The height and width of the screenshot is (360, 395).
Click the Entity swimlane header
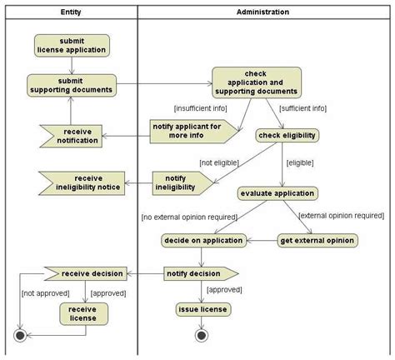[72, 12]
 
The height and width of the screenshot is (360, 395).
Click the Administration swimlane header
[263, 12]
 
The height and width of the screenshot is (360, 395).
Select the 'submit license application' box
[72, 45]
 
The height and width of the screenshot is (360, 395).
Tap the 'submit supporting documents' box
[72, 84]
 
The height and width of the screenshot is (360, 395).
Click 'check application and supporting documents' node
[256, 83]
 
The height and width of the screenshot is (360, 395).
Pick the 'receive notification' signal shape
[77, 135]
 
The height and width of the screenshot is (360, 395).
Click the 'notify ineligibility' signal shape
[180, 182]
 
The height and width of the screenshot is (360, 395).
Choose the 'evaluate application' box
[277, 193]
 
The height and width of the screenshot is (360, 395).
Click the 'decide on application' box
[203, 240]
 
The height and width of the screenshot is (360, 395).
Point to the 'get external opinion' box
[317, 240]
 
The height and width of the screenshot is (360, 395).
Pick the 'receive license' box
[83, 312]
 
